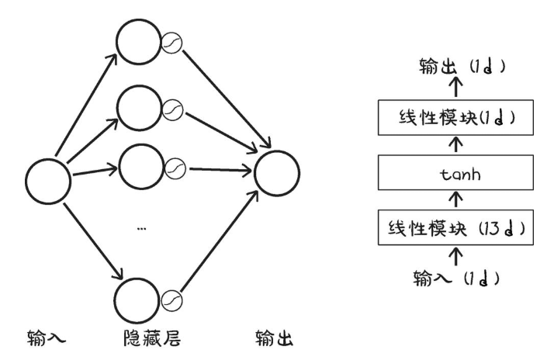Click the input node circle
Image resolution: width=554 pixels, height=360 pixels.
pos(48,180)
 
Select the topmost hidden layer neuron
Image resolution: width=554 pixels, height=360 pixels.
pos(138,39)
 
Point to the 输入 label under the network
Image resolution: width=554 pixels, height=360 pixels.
pos(43,340)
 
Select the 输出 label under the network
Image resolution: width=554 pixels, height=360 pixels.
pos(274,340)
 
